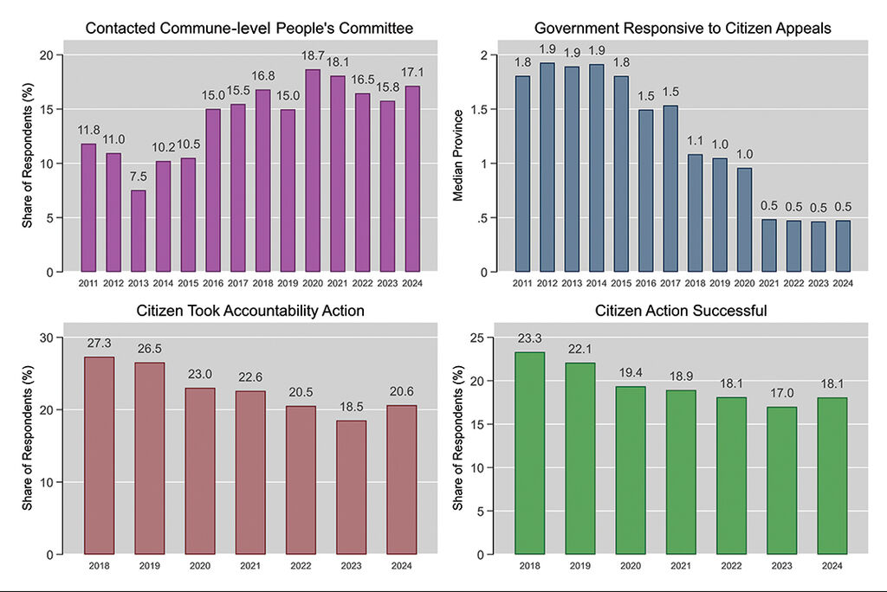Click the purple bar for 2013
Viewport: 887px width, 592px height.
click(x=139, y=230)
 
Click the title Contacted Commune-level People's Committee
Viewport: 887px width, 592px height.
click(x=249, y=29)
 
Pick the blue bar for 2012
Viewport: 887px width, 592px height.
click(x=547, y=167)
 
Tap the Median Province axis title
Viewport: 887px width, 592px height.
click(x=460, y=164)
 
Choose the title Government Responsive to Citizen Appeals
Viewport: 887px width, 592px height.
click(x=683, y=29)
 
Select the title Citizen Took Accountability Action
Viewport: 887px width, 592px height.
click(x=250, y=311)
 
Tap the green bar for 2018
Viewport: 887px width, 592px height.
click(x=530, y=453)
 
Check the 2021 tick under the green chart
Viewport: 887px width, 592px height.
click(x=681, y=565)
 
